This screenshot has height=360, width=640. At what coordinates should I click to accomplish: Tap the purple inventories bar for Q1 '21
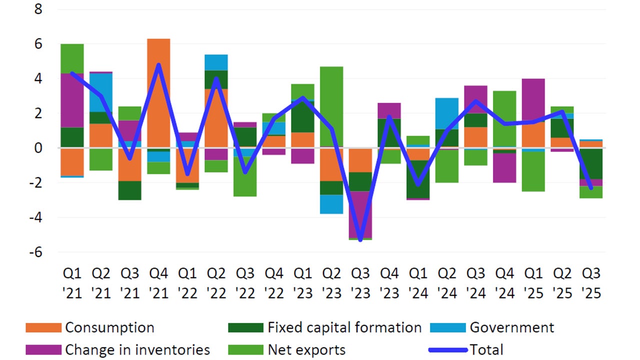[71, 100]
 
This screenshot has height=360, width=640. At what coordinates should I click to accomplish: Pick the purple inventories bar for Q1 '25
[533, 100]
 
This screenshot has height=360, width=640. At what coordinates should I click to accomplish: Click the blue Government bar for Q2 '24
[446, 113]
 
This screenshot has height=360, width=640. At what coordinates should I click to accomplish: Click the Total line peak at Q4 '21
[158, 65]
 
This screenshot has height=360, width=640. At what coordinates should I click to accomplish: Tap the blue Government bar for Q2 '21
[100, 92]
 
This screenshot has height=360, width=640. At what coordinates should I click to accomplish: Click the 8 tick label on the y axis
[38, 10]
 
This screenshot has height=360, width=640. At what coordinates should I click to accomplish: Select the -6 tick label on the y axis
[35, 252]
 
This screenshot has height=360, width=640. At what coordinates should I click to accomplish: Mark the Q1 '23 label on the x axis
[303, 283]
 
